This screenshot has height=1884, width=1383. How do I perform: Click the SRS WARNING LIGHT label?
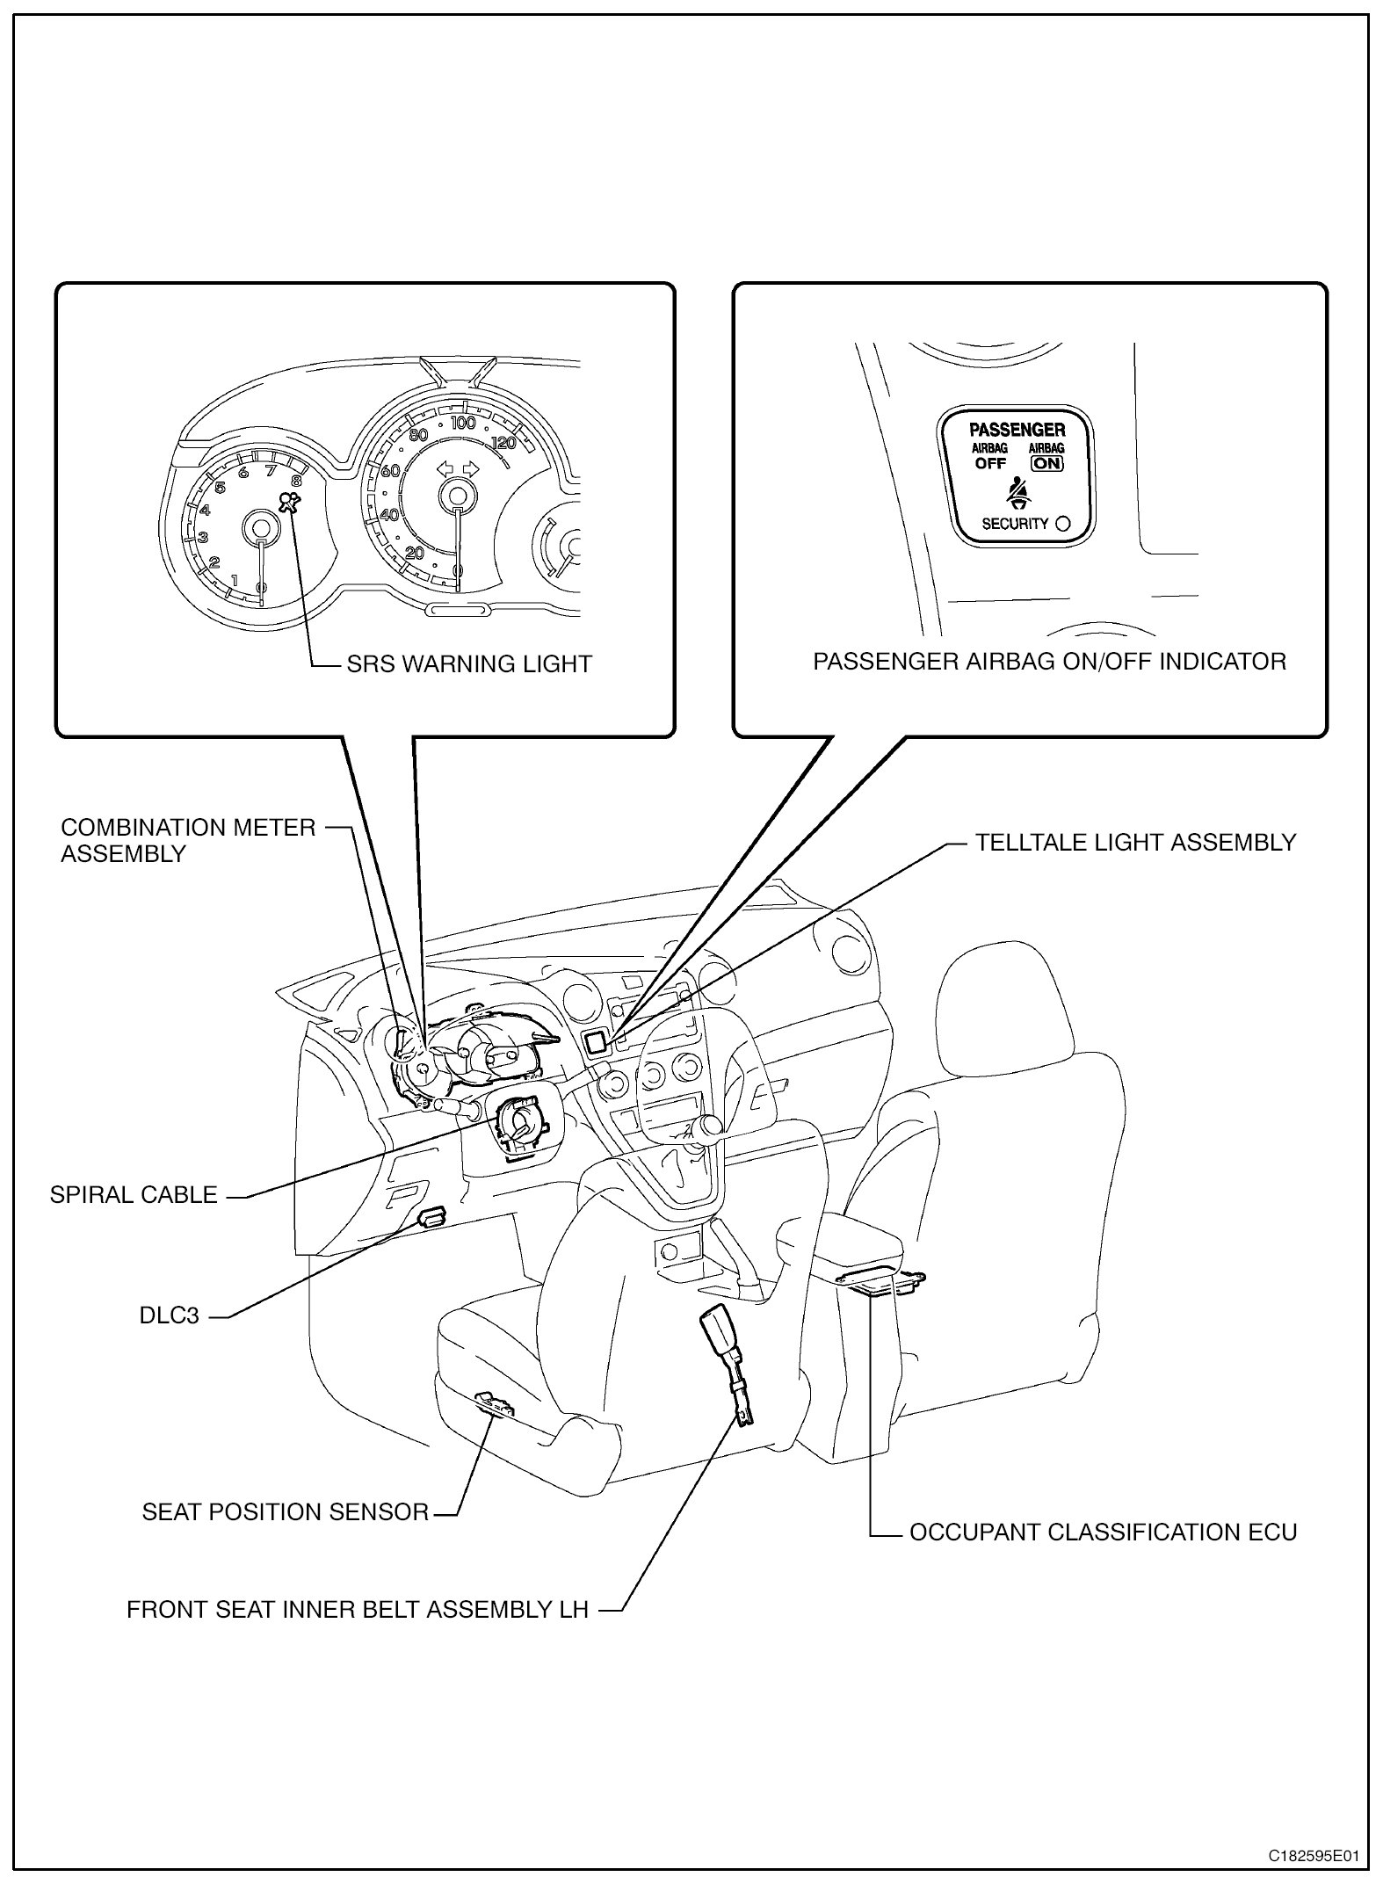point(469,663)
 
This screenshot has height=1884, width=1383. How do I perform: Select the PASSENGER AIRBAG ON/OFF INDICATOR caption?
point(1049,661)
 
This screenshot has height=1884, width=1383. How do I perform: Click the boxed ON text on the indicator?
point(1047,463)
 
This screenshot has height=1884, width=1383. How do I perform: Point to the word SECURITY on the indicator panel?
point(1015,524)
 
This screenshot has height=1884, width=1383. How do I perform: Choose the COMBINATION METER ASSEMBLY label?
point(187,840)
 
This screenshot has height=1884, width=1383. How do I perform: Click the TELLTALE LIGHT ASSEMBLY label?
point(1135,842)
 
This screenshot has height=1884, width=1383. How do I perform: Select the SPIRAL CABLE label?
point(134,1195)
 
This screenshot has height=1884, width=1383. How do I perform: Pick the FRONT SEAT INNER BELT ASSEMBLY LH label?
point(358,1610)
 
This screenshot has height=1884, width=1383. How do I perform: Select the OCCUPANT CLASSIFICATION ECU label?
point(1103,1532)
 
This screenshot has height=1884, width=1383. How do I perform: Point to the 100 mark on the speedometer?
point(462,423)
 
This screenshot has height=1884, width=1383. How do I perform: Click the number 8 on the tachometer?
point(296,480)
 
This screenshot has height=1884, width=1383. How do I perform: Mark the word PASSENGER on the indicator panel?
point(1017,430)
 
